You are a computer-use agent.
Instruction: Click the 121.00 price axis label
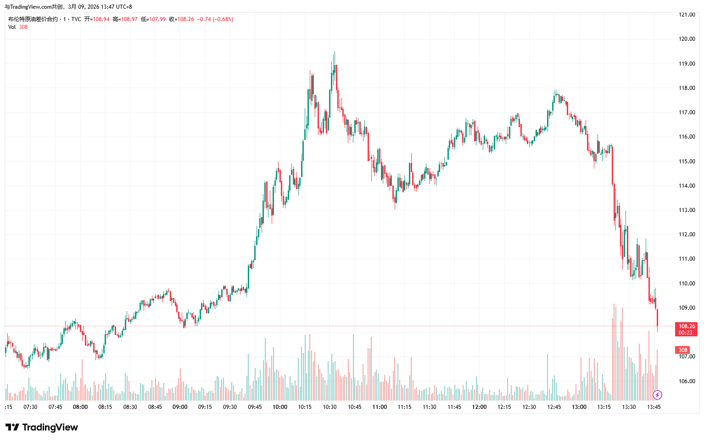pos(687,15)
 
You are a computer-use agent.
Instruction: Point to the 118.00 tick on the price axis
pos(687,88)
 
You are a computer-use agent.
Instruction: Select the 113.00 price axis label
pos(687,210)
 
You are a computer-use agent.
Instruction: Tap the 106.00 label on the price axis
pos(687,381)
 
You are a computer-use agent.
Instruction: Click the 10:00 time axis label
pos(280,407)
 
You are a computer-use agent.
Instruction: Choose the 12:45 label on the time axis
pos(554,407)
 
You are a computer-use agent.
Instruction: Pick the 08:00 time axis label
pos(80,407)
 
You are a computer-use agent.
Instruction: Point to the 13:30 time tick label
pos(629,407)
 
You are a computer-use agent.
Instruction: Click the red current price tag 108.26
pos(687,326)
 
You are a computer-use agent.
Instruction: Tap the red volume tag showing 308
pos(683,350)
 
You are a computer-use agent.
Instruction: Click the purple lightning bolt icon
pos(657,395)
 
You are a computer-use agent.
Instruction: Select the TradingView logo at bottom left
pos(42,427)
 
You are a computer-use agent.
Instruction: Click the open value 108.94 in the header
pos(101,19)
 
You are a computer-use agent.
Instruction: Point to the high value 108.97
pos(129,19)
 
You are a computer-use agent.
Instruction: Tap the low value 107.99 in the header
pos(157,19)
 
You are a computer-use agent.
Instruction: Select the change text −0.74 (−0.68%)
pos(215,19)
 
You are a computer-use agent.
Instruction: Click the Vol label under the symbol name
pos(12,27)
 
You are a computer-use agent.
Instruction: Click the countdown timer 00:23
pos(685,333)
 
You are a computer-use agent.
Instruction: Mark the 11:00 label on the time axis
pos(380,407)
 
